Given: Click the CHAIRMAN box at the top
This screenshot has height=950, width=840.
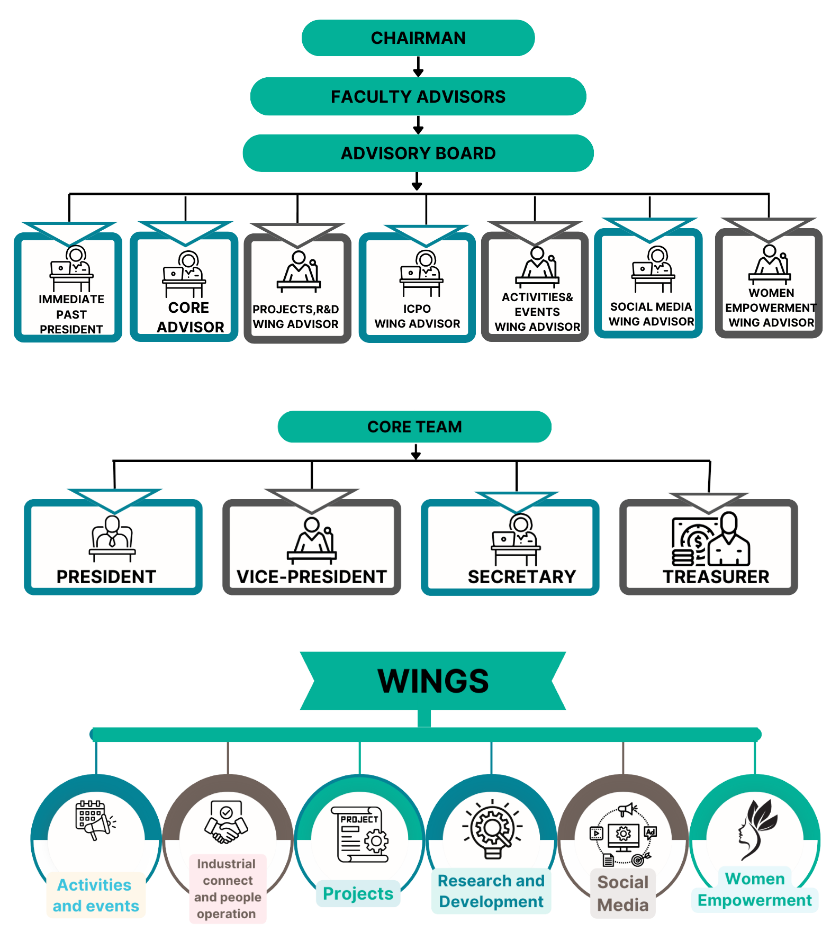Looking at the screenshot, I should click(418, 38).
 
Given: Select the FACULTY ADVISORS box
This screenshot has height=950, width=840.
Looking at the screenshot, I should click(418, 96).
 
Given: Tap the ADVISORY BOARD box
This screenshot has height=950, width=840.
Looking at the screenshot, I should click(418, 153).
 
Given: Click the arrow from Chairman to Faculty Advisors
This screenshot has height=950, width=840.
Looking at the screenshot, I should click(418, 67).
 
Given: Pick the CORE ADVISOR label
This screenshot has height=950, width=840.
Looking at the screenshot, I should click(189, 318).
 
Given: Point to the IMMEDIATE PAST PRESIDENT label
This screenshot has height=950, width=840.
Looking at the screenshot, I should click(71, 314).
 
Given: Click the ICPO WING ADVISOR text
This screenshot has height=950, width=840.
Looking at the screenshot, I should click(417, 316).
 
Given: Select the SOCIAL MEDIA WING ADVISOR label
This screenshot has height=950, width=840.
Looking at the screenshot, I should click(651, 314).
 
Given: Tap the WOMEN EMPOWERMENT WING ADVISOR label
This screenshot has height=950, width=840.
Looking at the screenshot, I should click(771, 308).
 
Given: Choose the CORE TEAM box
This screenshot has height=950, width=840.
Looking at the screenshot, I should click(414, 427).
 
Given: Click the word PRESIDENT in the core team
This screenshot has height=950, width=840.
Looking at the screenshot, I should click(106, 577).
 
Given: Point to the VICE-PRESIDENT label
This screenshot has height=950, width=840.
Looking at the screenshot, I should click(312, 577).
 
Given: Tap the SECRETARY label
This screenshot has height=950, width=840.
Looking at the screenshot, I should click(521, 577).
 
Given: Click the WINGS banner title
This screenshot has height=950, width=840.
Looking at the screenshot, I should click(433, 681).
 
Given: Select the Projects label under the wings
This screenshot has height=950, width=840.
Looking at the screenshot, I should click(358, 894).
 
